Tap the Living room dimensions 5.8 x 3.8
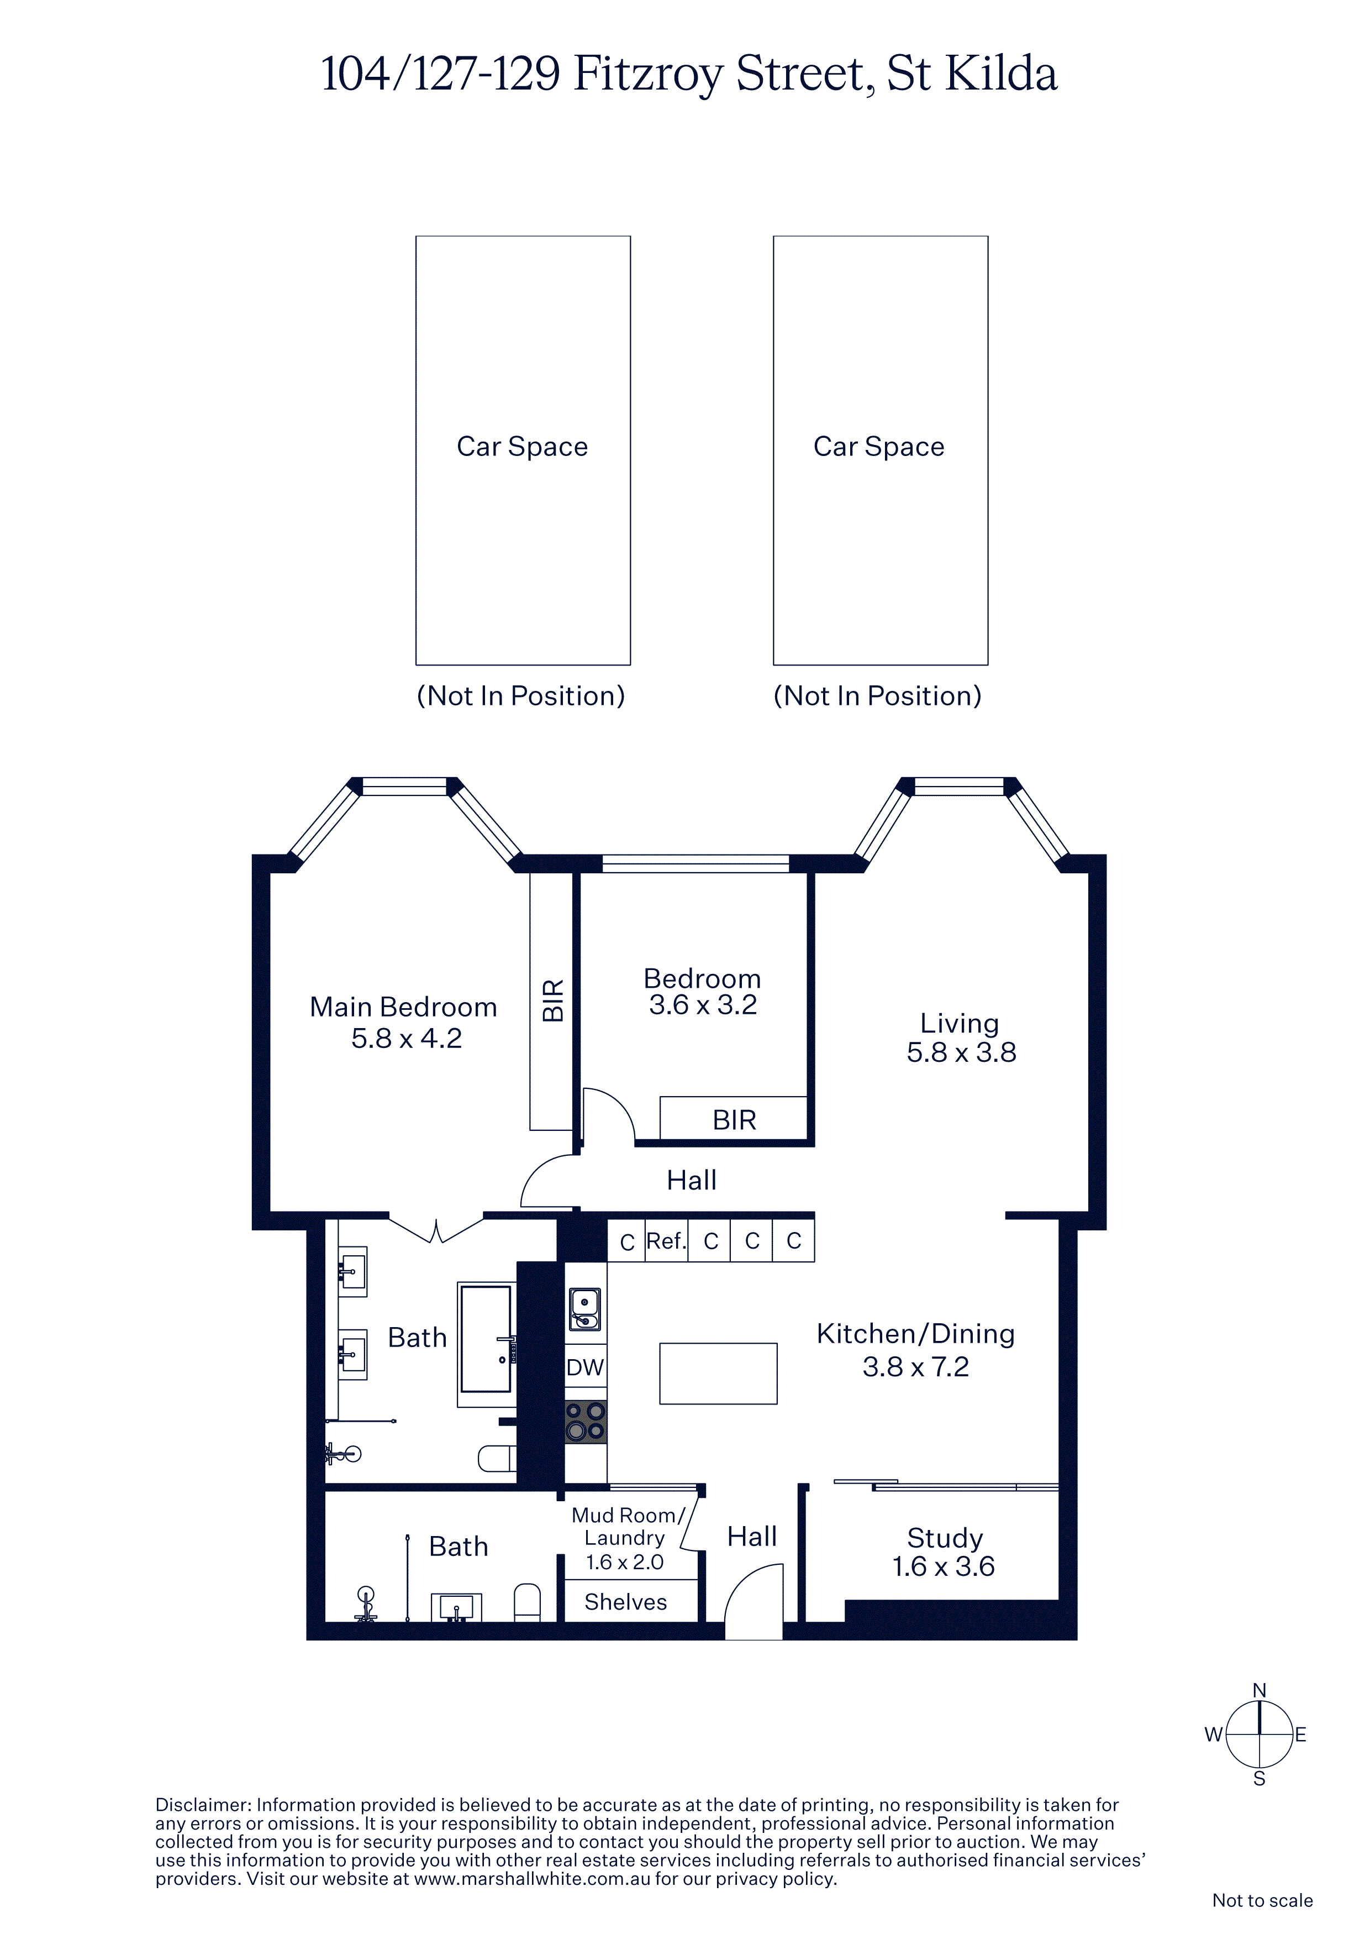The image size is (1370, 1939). click(961, 1052)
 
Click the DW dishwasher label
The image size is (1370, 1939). click(585, 1367)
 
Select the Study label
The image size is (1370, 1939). click(945, 1539)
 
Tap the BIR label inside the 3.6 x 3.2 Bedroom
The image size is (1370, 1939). click(734, 1120)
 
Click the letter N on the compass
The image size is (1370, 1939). click(1260, 1691)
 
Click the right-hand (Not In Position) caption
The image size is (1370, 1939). click(878, 696)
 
